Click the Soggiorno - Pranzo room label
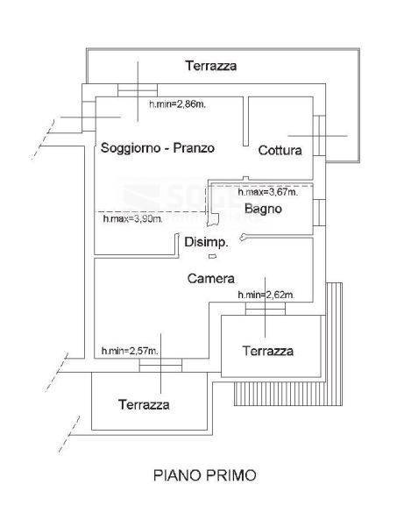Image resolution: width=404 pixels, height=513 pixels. [158, 148]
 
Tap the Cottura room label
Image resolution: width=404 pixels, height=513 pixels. [280, 150]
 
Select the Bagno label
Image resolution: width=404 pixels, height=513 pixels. [263, 209]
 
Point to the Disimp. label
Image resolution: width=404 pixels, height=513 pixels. [206, 242]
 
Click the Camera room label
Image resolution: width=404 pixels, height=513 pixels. [211, 278]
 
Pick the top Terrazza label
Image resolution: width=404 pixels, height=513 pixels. [211, 66]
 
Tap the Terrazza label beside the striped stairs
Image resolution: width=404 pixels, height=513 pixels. [268, 351]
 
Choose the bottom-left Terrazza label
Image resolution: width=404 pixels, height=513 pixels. [144, 405]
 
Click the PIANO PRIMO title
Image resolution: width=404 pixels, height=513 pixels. [205, 475]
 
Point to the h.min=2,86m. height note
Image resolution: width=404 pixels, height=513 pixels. [178, 104]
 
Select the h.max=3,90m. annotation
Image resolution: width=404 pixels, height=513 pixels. [132, 218]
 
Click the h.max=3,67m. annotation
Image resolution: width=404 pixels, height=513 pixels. [268, 192]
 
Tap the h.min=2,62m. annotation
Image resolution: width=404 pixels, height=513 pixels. [266, 295]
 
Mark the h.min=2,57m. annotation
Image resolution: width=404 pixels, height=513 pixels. [130, 351]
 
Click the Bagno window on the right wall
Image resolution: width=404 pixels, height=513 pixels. [319, 212]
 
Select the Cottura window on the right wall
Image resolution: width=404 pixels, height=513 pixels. [319, 135]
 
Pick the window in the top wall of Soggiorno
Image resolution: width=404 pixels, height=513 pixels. [138, 90]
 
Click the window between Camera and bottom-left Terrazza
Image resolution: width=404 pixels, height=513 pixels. [160, 365]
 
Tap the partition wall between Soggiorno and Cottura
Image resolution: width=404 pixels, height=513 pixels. [245, 121]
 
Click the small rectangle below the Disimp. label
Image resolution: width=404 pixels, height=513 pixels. [212, 256]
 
